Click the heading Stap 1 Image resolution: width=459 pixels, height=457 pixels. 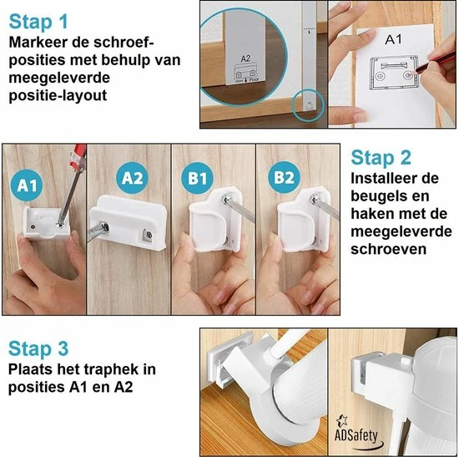click(x=38, y=23)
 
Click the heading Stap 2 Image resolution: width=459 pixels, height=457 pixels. click(x=381, y=158)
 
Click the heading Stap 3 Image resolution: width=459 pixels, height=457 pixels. click(x=38, y=349)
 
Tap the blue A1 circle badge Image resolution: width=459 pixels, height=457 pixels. click(x=27, y=185)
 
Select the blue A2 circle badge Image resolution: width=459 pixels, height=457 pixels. click(x=133, y=178)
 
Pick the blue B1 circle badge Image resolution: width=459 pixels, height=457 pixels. click(x=197, y=178)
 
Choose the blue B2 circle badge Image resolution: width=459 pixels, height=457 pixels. click(x=284, y=177)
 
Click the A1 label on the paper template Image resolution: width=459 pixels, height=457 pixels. click(x=393, y=39)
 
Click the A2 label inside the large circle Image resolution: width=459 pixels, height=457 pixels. click(x=245, y=59)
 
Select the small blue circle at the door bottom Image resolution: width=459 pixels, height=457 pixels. click(x=309, y=105)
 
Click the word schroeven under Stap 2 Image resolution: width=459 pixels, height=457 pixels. click(x=388, y=249)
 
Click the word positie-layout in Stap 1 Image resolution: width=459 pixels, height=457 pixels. click(x=58, y=96)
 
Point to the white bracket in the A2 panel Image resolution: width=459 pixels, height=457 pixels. click(x=129, y=222)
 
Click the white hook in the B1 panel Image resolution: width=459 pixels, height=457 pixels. click(x=215, y=220)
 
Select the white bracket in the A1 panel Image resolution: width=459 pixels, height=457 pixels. click(x=48, y=223)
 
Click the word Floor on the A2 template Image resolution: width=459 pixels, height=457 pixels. click(x=254, y=79)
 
